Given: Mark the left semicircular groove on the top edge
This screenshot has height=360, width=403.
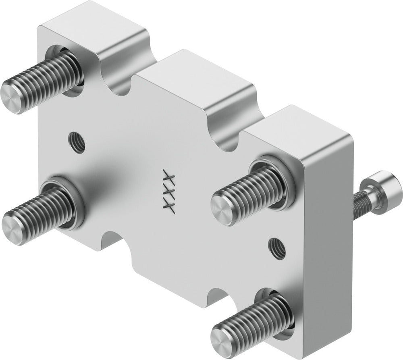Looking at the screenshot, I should pos(121,85).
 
